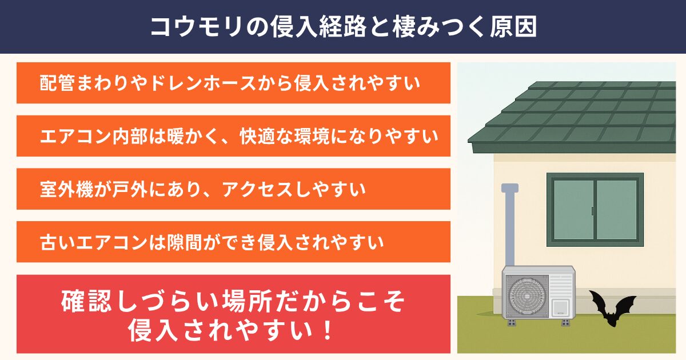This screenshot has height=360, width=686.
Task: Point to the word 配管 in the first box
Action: (57, 83)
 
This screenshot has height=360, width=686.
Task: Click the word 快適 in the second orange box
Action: (258, 136)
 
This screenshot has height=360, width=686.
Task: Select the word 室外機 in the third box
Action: (66, 189)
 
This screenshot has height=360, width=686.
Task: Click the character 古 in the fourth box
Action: (49, 242)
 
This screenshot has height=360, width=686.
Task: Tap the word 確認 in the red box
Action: (86, 301)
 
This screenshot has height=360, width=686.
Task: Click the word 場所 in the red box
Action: (247, 301)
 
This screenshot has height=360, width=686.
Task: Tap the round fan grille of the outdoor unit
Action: (527, 296)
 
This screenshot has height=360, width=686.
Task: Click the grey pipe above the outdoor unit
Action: (509, 225)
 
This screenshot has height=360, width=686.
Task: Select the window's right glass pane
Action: (617, 210)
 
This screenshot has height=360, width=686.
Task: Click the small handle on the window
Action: (593, 211)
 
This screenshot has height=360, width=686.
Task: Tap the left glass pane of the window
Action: (573, 210)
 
